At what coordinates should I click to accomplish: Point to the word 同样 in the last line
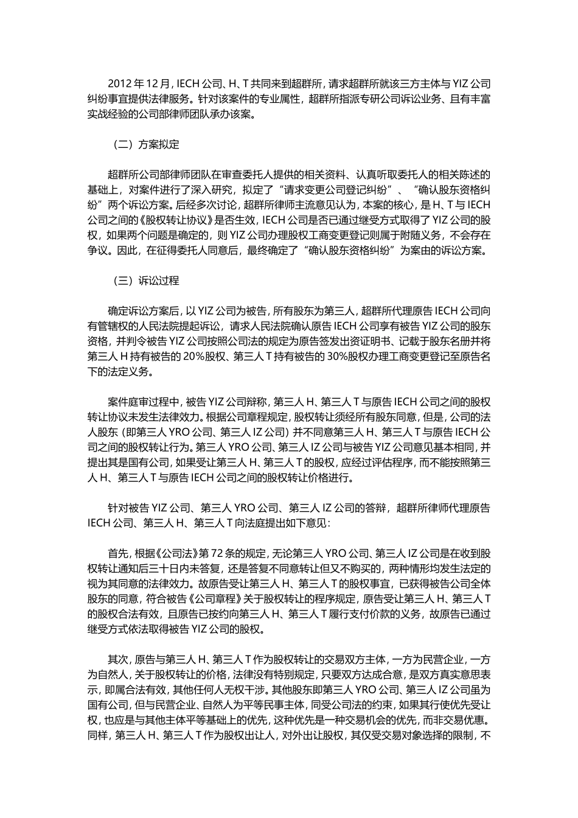tap(97, 735)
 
